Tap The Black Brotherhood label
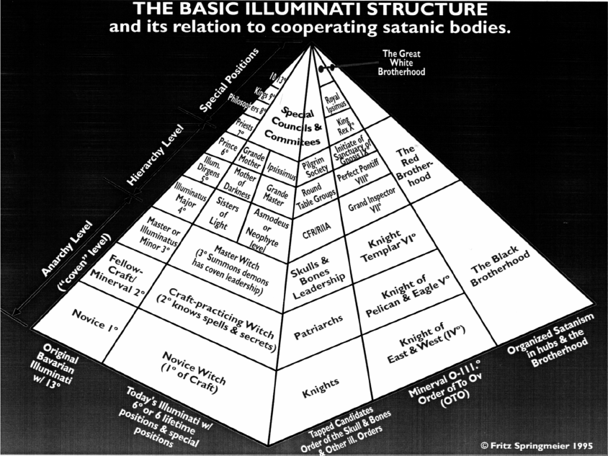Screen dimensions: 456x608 501,269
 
